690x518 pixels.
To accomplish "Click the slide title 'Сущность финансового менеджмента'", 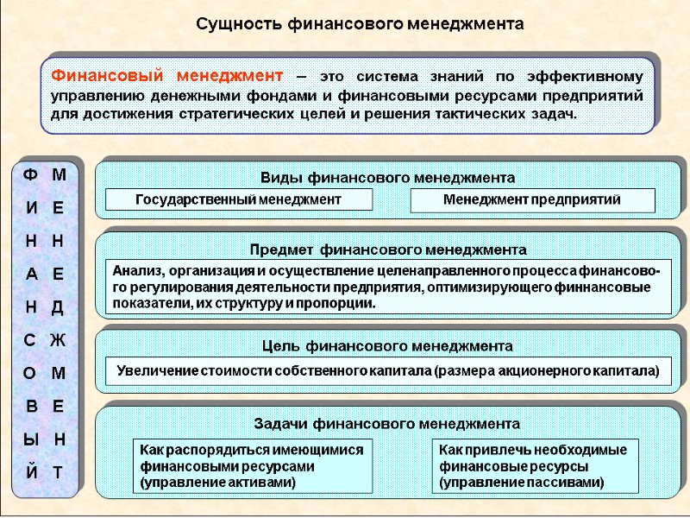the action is coord(359,22).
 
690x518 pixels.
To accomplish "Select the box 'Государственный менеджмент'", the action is coord(239,200).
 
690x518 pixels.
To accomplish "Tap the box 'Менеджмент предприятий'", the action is coord(532,200).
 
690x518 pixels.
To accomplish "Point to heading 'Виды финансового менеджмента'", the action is coord(387,178).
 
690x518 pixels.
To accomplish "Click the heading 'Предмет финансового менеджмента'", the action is coord(387,250).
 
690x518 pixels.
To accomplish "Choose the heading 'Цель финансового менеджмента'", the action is coord(387,346).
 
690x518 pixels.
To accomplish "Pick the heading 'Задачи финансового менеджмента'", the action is coord(387,424).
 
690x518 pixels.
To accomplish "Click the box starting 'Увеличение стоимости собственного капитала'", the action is coord(387,371).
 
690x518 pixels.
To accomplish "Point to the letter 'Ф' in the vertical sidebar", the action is coord(30,175).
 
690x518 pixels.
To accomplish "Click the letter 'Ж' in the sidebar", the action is coord(58,341).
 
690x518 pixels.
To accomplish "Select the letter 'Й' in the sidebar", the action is coord(30,472).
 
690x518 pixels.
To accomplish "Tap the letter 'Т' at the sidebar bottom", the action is coord(58,472).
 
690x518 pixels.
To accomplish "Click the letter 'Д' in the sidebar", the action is coord(58,307).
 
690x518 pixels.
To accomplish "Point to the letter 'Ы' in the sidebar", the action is coord(30,439).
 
